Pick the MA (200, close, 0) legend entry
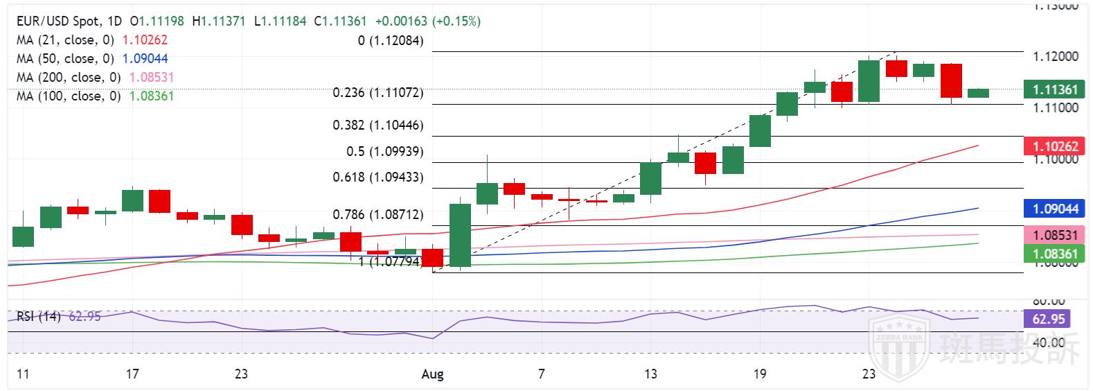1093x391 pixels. pyautogui.click(x=69, y=78)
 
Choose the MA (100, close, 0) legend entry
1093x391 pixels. pyautogui.click(x=69, y=96)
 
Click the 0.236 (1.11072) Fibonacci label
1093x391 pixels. pyautogui.click(x=378, y=92)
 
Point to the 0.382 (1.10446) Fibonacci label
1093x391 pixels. pyautogui.click(x=378, y=125)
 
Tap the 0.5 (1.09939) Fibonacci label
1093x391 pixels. pyautogui.click(x=385, y=151)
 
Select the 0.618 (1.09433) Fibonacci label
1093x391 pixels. pyautogui.click(x=378, y=177)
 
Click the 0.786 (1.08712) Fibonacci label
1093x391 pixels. pyautogui.click(x=378, y=215)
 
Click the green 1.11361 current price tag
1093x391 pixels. pyautogui.click(x=1050, y=89)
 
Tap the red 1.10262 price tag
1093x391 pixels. pyautogui.click(x=1050, y=146)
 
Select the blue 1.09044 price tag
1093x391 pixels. pyautogui.click(x=1050, y=209)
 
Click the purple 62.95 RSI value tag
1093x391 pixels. pyautogui.click(x=1046, y=320)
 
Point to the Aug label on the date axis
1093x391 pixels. pyautogui.click(x=432, y=374)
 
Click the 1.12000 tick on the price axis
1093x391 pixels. pyautogui.click(x=1055, y=56)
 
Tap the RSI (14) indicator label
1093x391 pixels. pyautogui.click(x=39, y=317)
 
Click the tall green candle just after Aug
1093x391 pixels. pyautogui.click(x=461, y=235)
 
